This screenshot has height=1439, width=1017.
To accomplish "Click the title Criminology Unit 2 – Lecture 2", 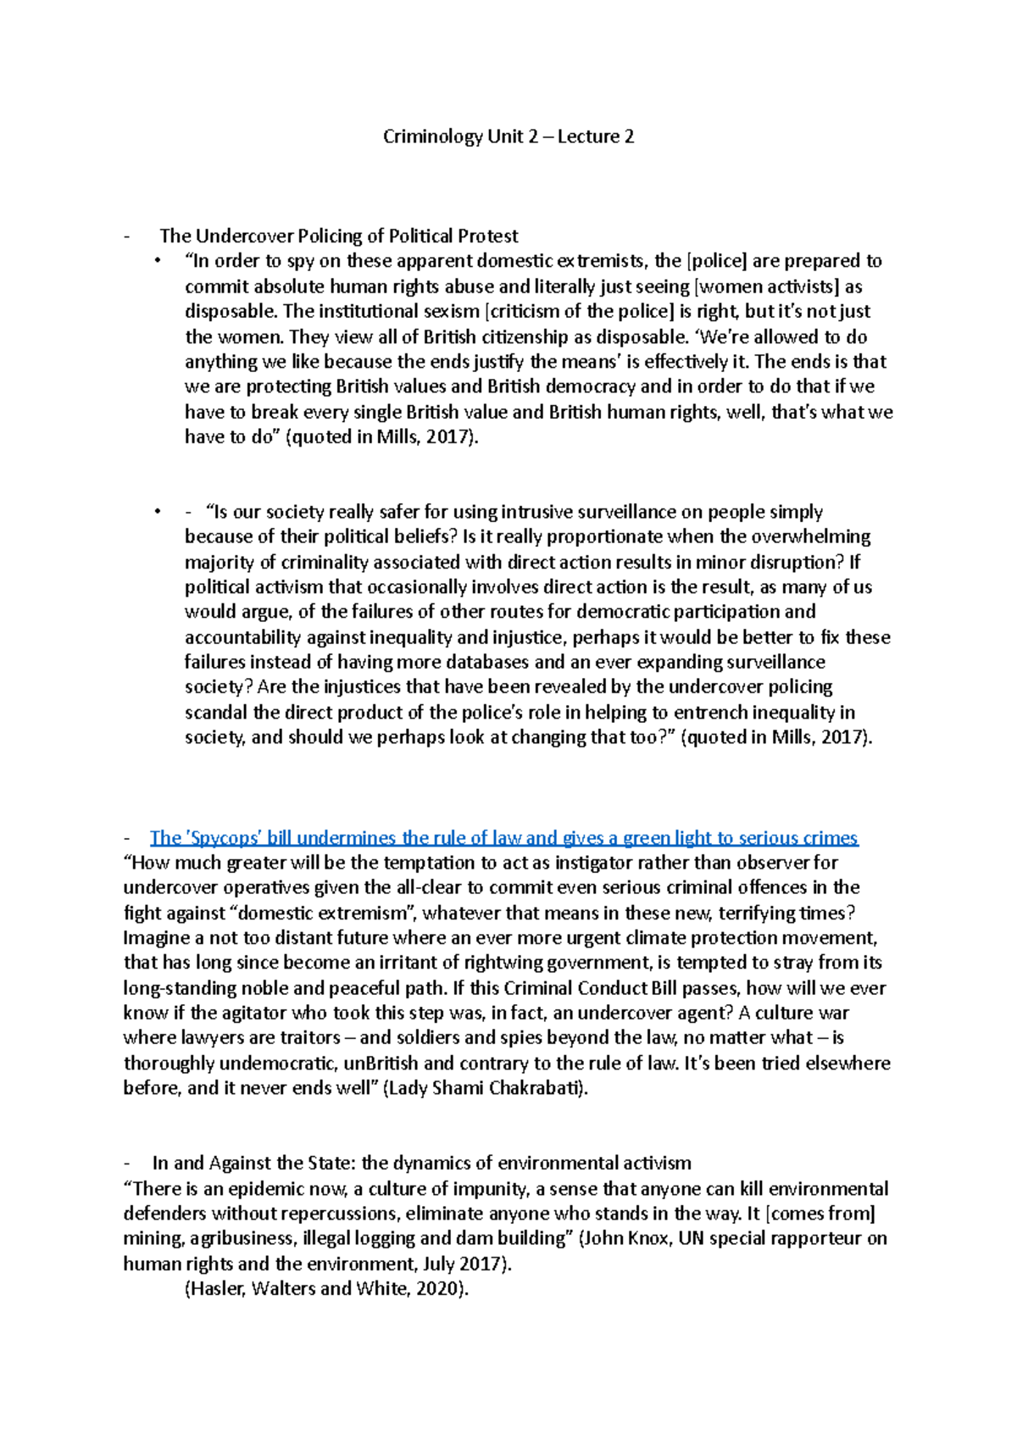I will point(508,136).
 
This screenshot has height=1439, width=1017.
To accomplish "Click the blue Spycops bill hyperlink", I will point(503,838).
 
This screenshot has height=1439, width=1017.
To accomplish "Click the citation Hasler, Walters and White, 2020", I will point(326,1289).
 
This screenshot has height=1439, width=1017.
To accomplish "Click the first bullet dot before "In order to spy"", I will point(158,261).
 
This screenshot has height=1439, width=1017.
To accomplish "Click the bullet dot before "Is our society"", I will point(158,512).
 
